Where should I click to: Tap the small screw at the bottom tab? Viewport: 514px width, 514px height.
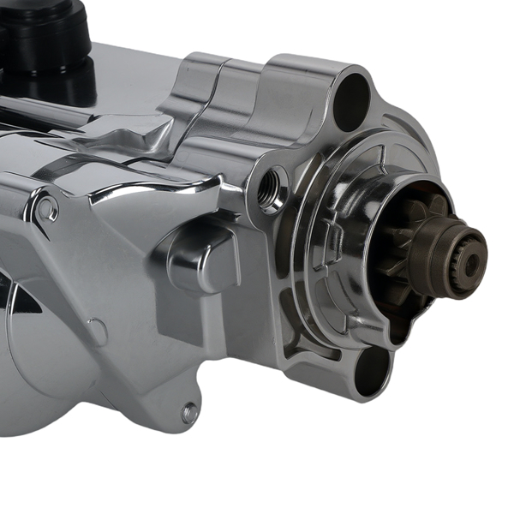190,413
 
